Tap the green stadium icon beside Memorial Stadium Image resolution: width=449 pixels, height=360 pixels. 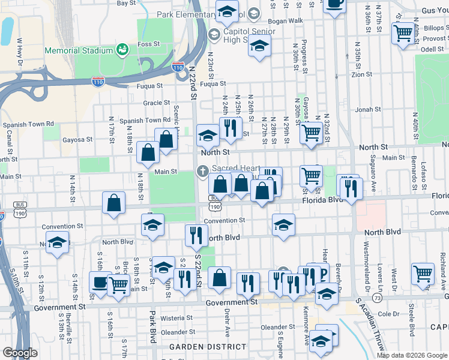pyautogui.click(x=122, y=48)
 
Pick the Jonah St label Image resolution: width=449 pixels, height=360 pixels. pyautogui.click(x=364, y=110)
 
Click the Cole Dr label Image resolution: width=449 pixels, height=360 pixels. pyautogui.click(x=388, y=314)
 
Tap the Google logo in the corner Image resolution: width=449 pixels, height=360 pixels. pyautogui.click(x=20, y=353)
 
